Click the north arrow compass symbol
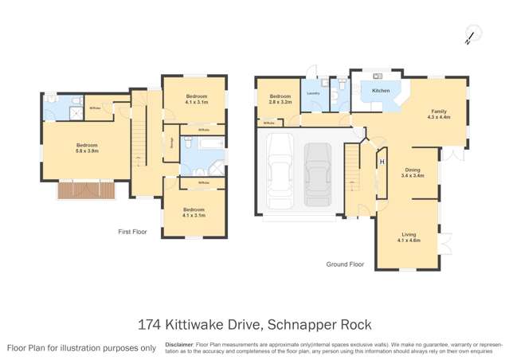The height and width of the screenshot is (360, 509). [471, 34]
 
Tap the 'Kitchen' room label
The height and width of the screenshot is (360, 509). [381, 91]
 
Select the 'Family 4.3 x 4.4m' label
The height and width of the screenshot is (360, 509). [439, 114]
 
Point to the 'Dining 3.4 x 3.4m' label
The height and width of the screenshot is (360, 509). [412, 172]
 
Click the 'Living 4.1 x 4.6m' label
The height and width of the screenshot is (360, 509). [409, 237]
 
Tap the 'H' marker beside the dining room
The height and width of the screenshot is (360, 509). [382, 162]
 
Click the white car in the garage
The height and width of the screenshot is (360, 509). [280, 170]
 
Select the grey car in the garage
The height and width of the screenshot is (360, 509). [318, 174]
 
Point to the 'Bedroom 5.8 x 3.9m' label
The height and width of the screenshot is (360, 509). [87, 148]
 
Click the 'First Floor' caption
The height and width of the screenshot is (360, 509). [133, 232]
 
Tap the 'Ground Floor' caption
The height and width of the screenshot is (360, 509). [345, 264]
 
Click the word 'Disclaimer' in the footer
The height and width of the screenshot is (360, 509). [179, 344]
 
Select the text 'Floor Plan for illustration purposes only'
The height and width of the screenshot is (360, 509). [82, 348]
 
